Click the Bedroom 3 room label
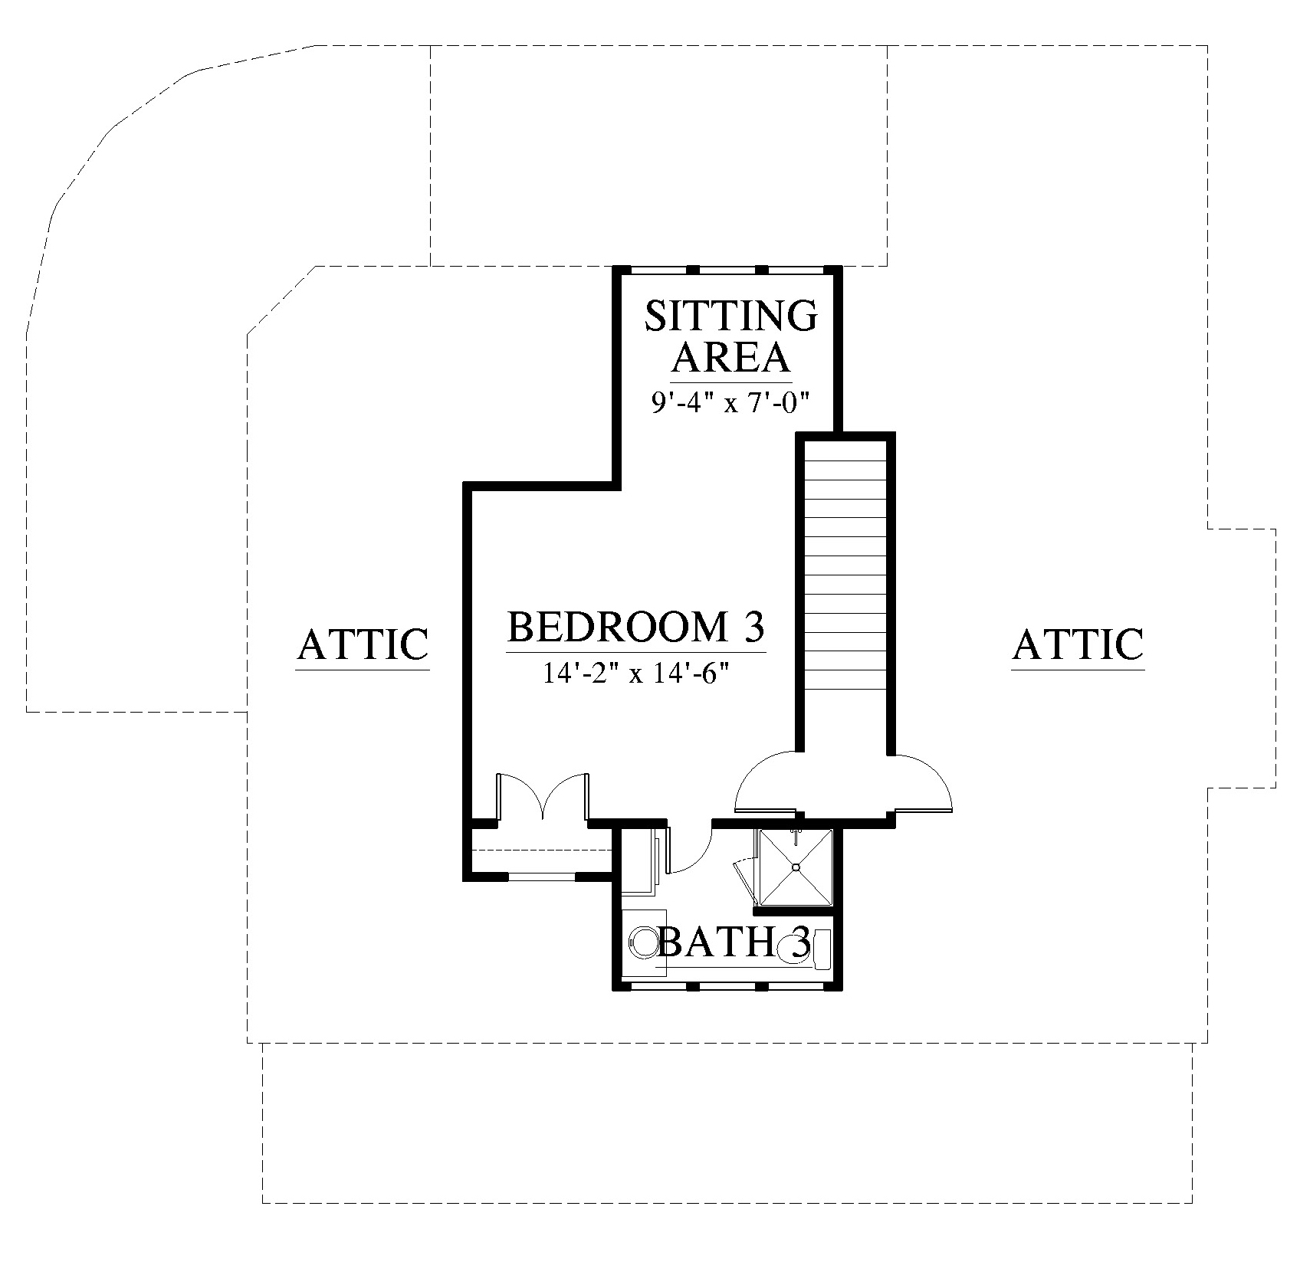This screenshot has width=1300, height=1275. pyautogui.click(x=636, y=627)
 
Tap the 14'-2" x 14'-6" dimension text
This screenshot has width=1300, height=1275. pyautogui.click(x=635, y=674)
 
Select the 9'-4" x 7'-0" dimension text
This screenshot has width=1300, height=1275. pyautogui.click(x=731, y=402)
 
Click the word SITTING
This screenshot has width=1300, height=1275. pyautogui.click(x=731, y=316)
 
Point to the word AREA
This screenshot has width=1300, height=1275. pyautogui.click(x=731, y=356)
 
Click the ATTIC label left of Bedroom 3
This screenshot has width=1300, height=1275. pyautogui.click(x=363, y=644)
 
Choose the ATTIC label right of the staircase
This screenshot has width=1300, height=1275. pyautogui.click(x=1078, y=644)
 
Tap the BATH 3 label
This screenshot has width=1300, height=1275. pyautogui.click(x=734, y=942)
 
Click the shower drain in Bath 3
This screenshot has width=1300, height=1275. pyautogui.click(x=796, y=867)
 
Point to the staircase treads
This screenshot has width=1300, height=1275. pyautogui.click(x=845, y=595)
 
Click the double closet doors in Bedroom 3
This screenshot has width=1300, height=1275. pyautogui.click(x=543, y=797)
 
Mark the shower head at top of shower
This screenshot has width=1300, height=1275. pyautogui.click(x=796, y=832)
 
